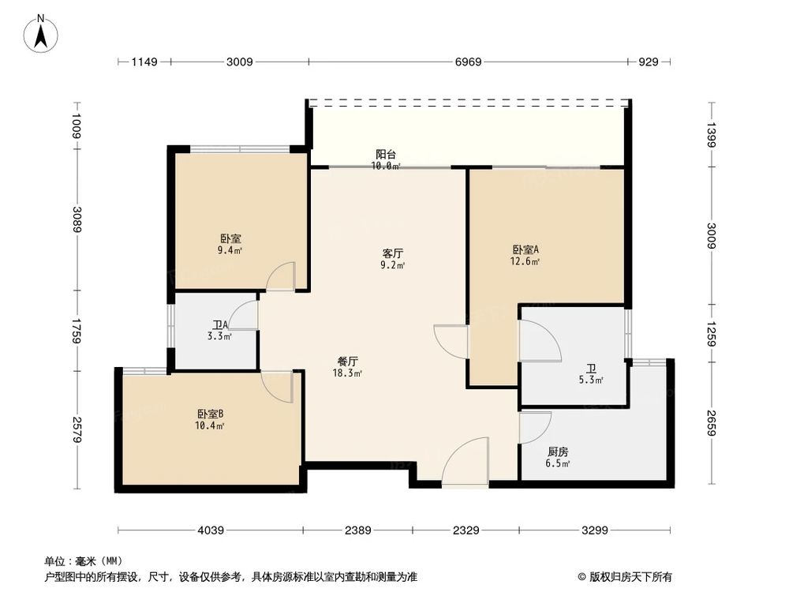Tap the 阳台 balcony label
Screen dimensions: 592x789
(385, 155)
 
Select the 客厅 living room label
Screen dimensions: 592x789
(393, 254)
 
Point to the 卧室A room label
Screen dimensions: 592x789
(525, 250)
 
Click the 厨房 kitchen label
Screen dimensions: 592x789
(558, 452)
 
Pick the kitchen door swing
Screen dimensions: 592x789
(533, 429)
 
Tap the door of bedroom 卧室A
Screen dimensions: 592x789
(452, 339)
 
